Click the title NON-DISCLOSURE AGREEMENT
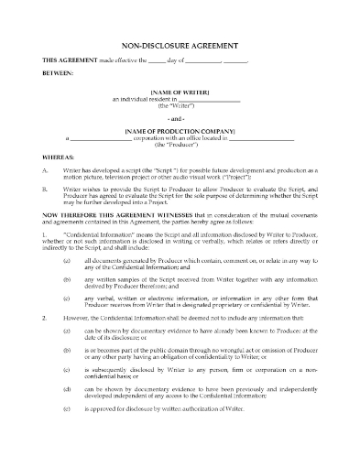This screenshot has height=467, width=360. tap(180, 43)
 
